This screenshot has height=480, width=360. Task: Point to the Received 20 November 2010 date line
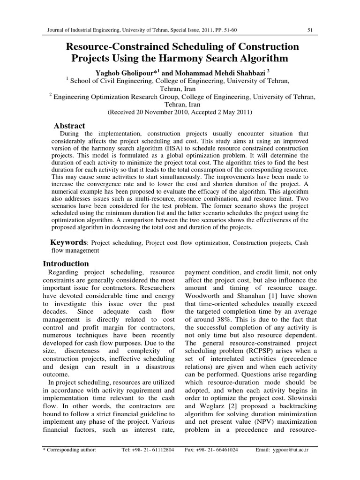coord(180,112)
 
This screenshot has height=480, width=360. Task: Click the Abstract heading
coord(69,126)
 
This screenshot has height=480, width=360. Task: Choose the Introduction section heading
coord(66,264)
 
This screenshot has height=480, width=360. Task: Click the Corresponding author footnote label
coord(69,449)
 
